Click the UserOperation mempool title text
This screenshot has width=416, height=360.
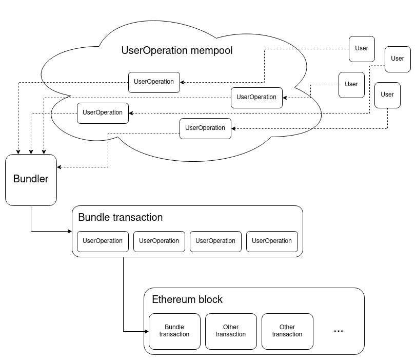[x=176, y=50]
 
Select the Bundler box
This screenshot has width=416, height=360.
[x=31, y=179]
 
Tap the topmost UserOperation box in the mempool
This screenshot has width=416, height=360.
[x=154, y=82]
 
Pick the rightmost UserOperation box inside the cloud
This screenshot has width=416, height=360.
[x=256, y=98]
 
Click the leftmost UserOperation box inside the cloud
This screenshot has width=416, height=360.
[x=103, y=113]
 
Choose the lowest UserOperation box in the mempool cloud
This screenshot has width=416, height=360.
[x=205, y=128]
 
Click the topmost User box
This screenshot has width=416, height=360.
[x=362, y=49]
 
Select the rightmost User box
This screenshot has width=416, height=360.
[x=398, y=59]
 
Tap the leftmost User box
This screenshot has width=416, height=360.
[x=351, y=85]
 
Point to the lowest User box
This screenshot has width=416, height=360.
[x=387, y=95]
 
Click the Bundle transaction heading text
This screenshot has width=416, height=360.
[x=120, y=217]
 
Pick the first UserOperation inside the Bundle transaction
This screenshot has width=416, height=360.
[x=103, y=241]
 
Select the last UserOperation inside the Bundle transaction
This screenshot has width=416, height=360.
[x=272, y=241]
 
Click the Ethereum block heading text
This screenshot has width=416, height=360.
[x=187, y=299]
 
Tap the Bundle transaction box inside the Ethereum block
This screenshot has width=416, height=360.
[x=174, y=331]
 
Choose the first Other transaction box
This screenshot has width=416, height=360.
[x=231, y=331]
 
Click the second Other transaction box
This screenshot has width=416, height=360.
[x=287, y=331]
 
